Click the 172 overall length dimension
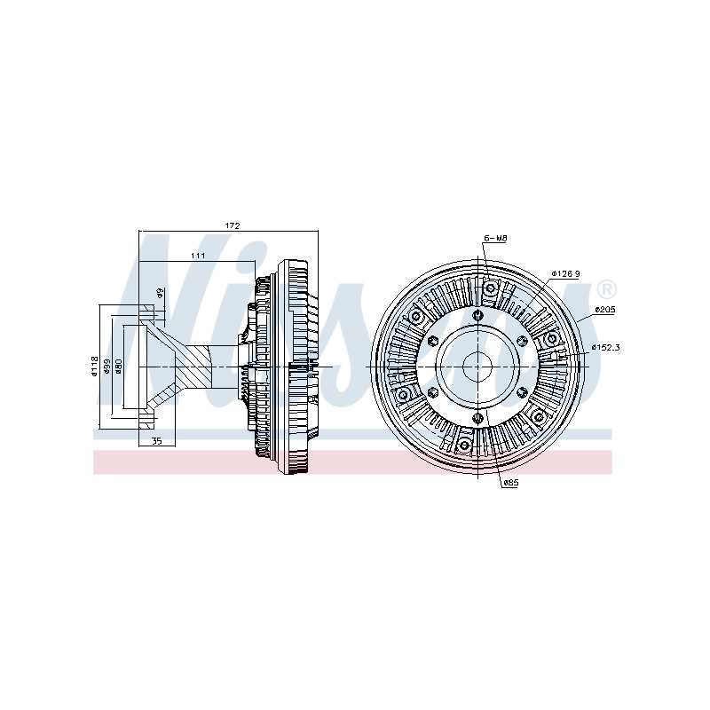[232, 225]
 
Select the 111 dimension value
[198, 256]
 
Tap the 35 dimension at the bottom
[157, 440]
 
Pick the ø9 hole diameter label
[160, 293]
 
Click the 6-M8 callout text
[495, 238]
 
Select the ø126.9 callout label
[565, 273]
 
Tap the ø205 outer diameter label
[604, 310]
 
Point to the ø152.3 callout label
[605, 347]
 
